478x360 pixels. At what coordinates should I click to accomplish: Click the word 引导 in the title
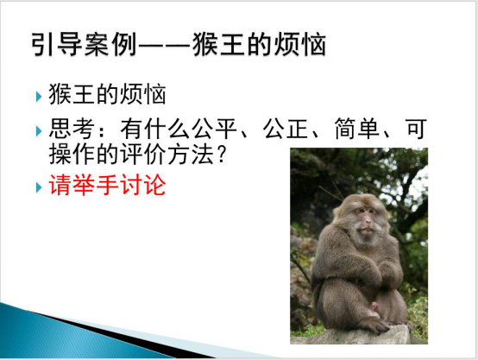57,45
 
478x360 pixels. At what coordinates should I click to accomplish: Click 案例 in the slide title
110,45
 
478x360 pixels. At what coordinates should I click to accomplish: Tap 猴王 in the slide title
218,45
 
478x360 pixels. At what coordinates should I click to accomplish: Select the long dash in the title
164,46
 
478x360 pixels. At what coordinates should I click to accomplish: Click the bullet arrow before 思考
39,131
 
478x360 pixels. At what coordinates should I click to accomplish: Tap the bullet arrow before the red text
39,187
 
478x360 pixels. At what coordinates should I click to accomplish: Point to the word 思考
72,129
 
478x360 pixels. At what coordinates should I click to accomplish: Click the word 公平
214,129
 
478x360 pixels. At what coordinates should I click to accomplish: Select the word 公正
286,129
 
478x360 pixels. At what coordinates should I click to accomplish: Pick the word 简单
357,129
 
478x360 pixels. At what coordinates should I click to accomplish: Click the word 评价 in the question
143,154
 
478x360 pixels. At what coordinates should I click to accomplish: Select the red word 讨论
143,185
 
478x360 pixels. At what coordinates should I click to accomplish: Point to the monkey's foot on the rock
378,325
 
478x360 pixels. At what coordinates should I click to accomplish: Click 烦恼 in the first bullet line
143,93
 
